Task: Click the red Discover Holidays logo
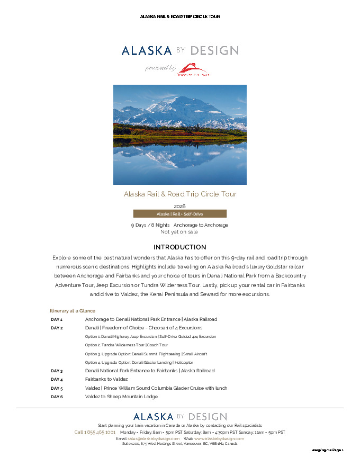[193, 69]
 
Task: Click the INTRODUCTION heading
[180, 247]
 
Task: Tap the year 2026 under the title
[180, 206]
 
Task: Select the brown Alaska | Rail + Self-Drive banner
[180, 214]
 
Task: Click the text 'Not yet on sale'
[179, 231]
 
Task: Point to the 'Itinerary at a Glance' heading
[73, 311]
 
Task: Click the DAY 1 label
[57, 320]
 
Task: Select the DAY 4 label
[57, 380]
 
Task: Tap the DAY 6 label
[57, 397]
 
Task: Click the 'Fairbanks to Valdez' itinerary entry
[106, 380]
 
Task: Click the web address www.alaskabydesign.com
[219, 439]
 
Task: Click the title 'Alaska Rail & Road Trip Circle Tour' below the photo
[180, 194]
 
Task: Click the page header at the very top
[180, 16]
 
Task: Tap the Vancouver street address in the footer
[180, 444]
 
